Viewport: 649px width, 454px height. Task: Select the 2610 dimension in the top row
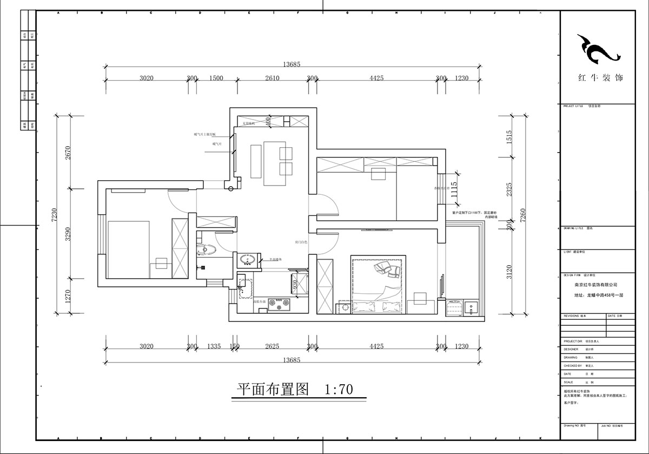272,78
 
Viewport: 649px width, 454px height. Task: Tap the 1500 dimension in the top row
216,78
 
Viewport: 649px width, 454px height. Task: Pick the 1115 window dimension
454,189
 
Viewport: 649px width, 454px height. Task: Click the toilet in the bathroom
206,249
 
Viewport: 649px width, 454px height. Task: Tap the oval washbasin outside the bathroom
248,260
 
